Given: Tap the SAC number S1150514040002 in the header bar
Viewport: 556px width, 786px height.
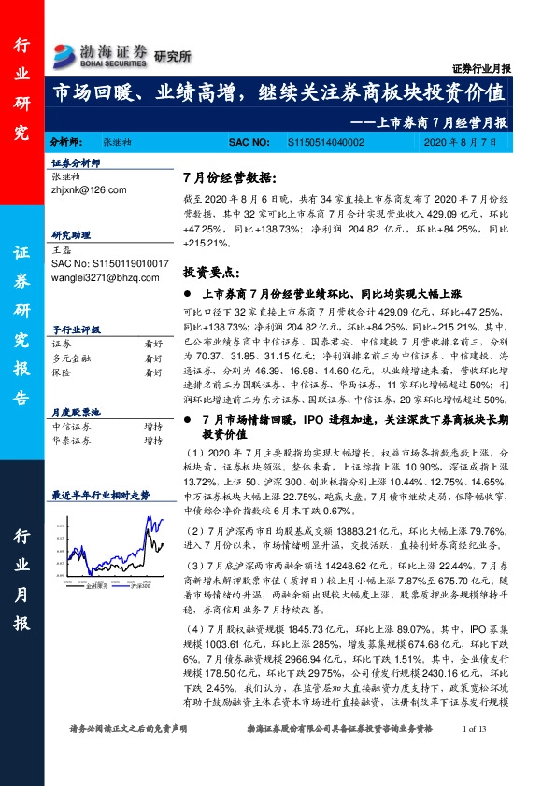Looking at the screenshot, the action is (x=323, y=142).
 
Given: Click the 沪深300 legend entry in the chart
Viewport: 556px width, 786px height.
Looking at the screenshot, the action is (x=141, y=585).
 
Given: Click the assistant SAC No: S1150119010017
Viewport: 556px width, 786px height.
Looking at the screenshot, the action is (x=109, y=264).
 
